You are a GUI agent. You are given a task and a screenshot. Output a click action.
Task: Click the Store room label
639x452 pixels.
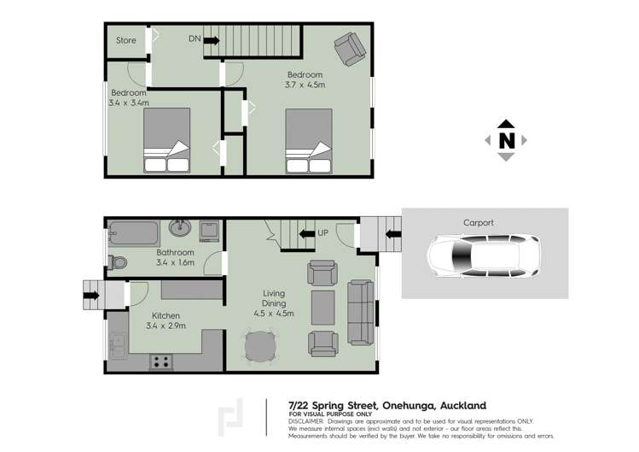point(126,39)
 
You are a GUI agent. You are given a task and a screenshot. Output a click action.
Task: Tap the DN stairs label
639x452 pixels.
point(195,38)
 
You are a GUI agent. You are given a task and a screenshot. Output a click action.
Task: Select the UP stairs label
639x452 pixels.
point(322,232)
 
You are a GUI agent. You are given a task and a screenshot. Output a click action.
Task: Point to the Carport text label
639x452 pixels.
point(478,222)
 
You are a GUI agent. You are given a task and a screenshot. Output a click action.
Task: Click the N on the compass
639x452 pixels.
point(506,140)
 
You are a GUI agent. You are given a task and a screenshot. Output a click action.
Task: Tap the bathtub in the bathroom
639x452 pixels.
point(133,232)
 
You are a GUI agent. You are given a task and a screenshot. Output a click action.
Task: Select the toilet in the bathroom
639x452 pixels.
point(119,262)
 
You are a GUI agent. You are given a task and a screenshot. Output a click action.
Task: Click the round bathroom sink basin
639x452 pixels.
point(180,229)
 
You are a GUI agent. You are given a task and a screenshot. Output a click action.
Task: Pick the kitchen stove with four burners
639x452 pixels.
point(160,361)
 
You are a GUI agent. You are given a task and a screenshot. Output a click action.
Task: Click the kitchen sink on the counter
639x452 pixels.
point(118,345)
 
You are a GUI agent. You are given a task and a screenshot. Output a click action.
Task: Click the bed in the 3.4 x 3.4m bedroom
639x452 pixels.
point(167,142)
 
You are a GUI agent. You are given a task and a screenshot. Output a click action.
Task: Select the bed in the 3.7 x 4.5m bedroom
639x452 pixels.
point(309,142)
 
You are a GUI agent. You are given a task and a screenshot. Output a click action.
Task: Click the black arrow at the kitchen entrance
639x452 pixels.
point(91,296)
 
